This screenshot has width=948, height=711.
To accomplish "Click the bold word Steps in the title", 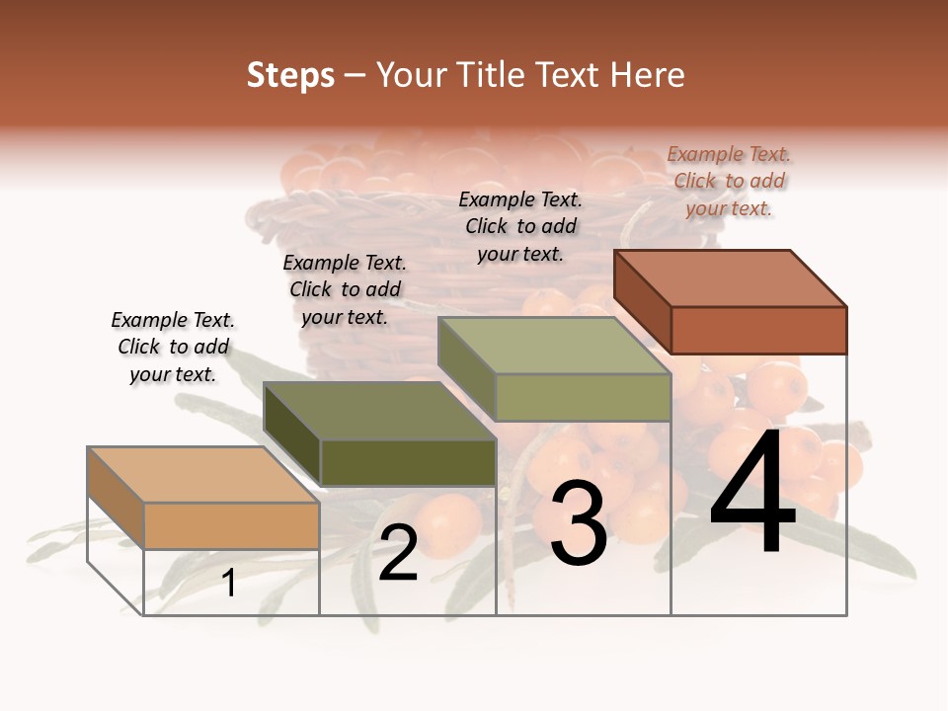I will (x=290, y=75).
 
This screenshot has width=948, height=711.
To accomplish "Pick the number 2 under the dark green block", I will (x=398, y=553).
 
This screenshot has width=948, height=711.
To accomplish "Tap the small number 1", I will (x=229, y=583).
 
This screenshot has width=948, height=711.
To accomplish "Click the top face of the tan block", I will (x=202, y=474).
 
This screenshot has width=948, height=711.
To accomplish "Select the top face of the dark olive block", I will (x=379, y=410).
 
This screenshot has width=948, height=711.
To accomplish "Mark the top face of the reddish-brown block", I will (x=731, y=278).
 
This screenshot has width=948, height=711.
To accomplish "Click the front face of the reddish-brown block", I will (x=758, y=330).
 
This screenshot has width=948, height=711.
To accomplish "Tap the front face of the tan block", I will (x=231, y=525).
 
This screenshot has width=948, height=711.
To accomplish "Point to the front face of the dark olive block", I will (x=408, y=462).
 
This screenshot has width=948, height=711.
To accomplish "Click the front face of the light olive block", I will (x=583, y=397).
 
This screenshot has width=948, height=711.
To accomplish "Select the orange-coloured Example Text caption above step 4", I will (x=729, y=181).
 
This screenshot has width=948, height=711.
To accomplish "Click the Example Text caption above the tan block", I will (x=173, y=347).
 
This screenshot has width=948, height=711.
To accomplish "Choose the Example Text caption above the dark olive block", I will (x=345, y=289).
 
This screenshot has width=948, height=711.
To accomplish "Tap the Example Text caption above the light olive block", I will (x=520, y=226).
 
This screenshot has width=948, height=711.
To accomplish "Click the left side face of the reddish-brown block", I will (x=642, y=301).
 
